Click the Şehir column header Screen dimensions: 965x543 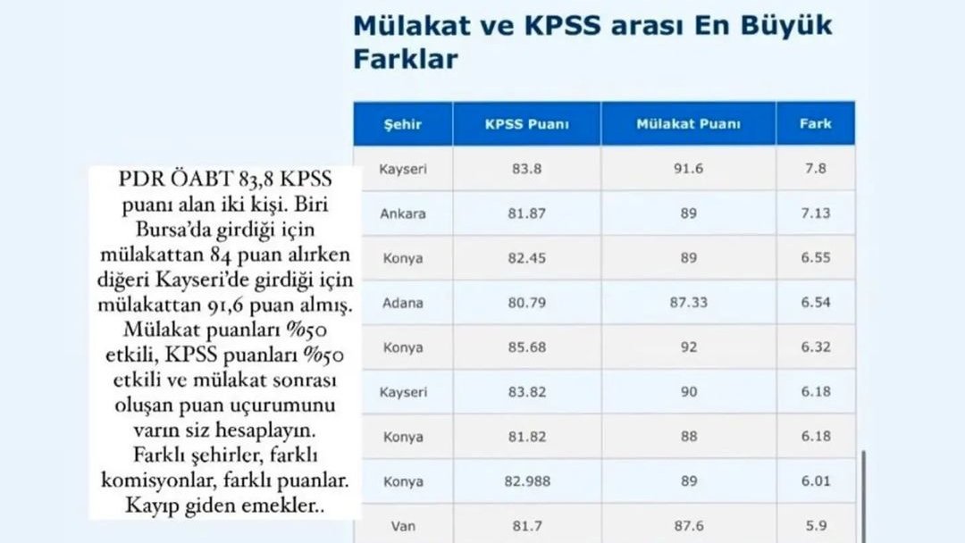pos(402,124)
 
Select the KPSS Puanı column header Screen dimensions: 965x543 pos(527,124)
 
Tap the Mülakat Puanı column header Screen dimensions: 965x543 pos(688,124)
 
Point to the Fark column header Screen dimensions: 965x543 pos(816,123)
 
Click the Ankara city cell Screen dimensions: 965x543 pos(402,213)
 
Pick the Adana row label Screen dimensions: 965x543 pos(402,303)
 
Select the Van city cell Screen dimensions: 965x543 pos(402,526)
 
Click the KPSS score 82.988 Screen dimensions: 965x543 pos(527,480)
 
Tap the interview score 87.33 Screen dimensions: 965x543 pos(689,303)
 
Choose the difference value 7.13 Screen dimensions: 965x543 pos(816,213)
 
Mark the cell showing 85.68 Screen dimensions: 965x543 pos(527,347)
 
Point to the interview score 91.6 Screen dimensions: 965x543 pos(688,169)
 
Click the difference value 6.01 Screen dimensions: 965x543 pos(816,480)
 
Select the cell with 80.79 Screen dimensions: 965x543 pos(527,303)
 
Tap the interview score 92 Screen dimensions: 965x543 pos(689,347)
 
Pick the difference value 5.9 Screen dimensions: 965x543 pos(816,526)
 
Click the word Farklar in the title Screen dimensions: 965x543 pos(406,59)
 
